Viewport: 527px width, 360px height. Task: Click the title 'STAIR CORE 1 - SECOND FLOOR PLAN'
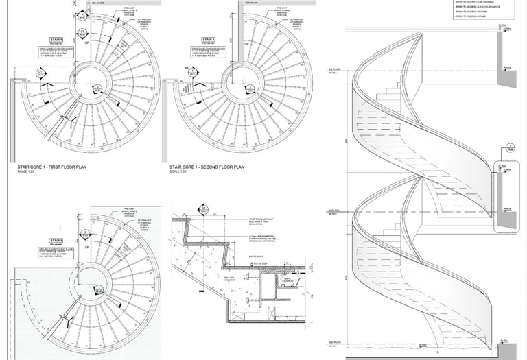(207, 167)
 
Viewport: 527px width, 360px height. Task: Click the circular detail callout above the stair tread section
(203, 209)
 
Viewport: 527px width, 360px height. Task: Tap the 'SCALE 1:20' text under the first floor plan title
(24, 171)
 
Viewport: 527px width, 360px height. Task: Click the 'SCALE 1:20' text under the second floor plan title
(178, 171)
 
